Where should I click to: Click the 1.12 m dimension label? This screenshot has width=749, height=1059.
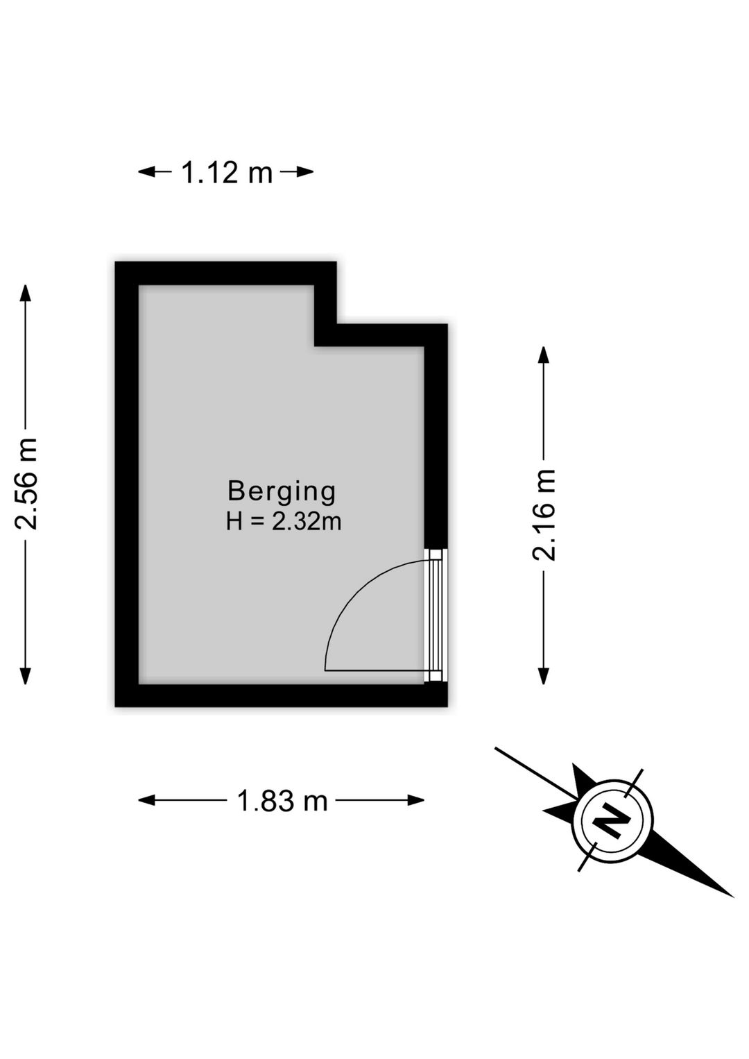point(227,172)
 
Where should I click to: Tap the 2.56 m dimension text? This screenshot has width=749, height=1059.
point(26,484)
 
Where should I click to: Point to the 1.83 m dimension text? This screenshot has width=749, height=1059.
point(282,801)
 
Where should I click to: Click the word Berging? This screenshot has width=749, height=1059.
point(282,491)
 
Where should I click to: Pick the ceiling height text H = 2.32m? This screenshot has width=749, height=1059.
point(284,522)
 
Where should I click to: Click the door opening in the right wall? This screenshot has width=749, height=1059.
point(436,615)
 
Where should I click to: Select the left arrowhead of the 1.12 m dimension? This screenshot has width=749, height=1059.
point(146,172)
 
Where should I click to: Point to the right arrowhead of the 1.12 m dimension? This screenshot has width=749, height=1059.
point(304,172)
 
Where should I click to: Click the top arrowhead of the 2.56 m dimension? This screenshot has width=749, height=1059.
point(26,293)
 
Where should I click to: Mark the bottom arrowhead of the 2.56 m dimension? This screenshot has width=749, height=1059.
point(26,676)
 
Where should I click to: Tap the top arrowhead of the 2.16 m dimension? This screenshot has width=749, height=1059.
point(544,355)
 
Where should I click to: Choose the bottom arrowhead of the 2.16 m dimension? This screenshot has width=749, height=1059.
point(544,676)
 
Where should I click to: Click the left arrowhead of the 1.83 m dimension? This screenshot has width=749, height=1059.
point(146,800)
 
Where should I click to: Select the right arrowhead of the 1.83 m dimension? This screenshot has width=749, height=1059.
point(415,800)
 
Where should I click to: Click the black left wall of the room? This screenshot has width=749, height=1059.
point(127,484)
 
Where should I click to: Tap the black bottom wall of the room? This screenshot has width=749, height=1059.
point(281,695)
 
